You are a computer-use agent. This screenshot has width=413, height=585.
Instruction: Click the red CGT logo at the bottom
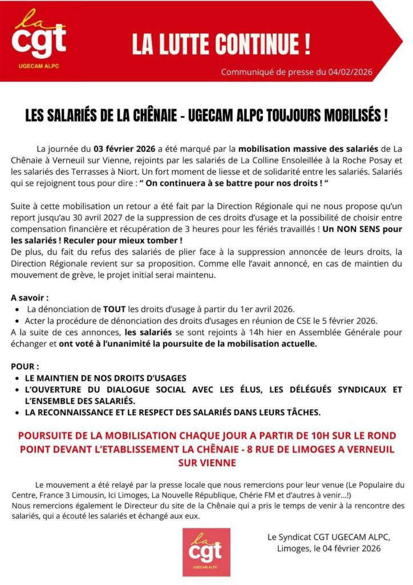pos(206,551)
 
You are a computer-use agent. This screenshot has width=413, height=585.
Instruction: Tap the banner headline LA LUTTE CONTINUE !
pos(221,45)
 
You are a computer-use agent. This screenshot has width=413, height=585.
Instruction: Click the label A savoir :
pos(30,298)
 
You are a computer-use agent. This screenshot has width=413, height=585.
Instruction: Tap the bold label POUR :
pos(25,365)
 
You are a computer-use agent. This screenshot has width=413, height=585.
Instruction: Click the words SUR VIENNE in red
pos(206,462)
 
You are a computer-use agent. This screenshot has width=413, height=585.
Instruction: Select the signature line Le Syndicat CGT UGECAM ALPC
pos(328,536)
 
